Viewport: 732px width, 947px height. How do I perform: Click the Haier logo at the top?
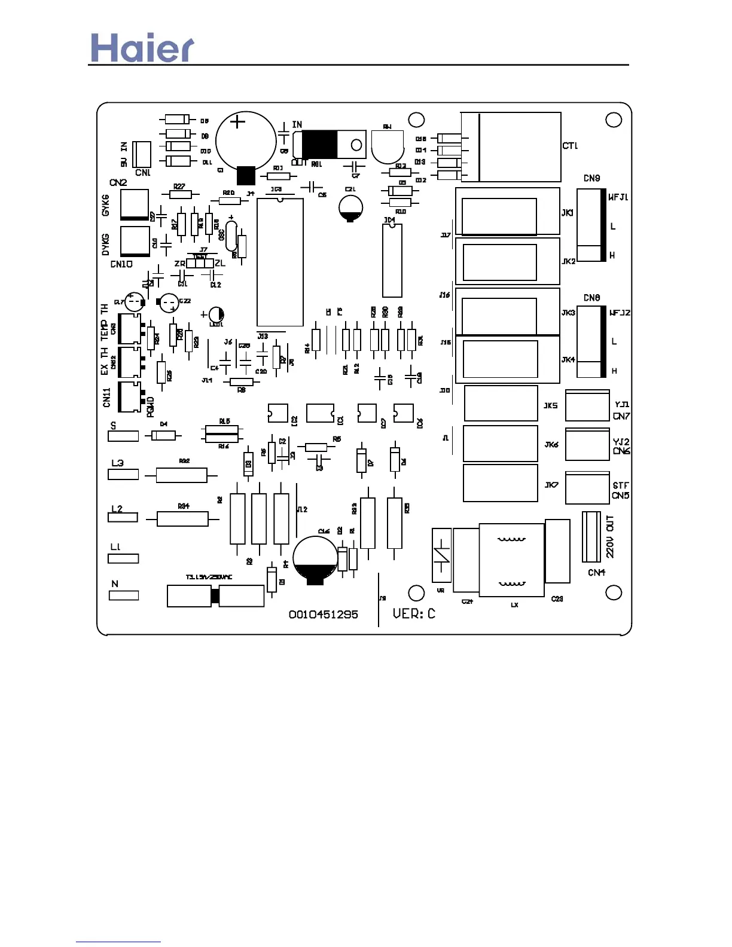pos(142,48)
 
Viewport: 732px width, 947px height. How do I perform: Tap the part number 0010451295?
pos(323,615)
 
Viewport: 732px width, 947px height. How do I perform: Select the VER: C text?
pos(414,613)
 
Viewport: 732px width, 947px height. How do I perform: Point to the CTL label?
pos(570,146)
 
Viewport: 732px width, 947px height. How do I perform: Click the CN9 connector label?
pos(591,178)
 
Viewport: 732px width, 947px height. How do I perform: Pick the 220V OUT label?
pos(610,536)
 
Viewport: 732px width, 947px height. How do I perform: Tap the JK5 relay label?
pos(550,405)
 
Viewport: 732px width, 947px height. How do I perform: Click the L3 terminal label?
pos(117,463)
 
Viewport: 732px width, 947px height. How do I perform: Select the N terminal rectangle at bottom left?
pos(124,595)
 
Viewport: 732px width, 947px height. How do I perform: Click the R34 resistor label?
pos(184,506)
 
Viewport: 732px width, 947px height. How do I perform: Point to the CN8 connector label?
pos(591,298)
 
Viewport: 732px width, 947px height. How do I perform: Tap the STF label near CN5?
pos(621,485)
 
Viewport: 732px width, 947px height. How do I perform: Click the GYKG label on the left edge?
pos(106,205)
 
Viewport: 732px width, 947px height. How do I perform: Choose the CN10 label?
pos(121,264)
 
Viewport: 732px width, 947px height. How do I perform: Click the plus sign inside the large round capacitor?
pos(238,122)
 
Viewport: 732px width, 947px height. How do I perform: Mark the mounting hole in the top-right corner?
pos(614,120)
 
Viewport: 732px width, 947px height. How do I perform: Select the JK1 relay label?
pos(568,213)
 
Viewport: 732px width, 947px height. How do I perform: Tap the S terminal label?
pos(114,426)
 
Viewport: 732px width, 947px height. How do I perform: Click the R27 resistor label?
pos(179,187)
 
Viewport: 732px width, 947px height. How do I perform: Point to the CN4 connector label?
pos(596,572)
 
